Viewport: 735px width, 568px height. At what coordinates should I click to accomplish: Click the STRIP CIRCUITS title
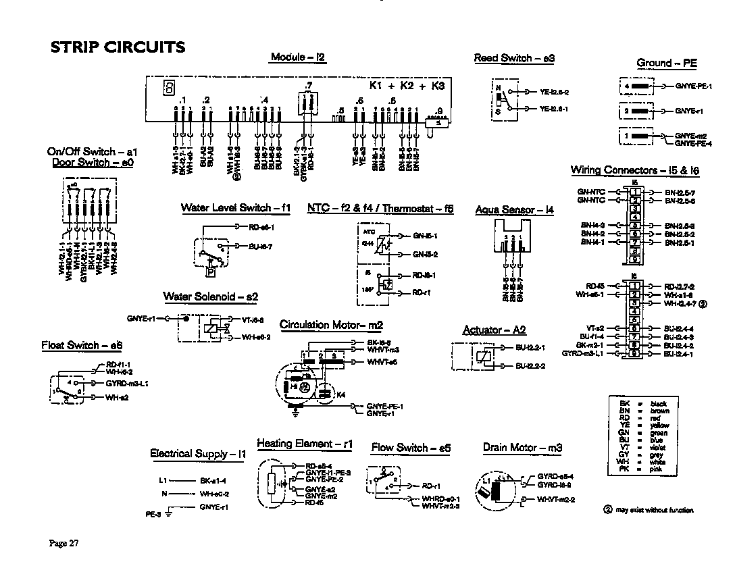pos(118,47)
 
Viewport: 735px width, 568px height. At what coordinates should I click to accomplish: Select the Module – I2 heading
pos(298,57)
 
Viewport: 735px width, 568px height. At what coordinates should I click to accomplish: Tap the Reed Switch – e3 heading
pos(514,59)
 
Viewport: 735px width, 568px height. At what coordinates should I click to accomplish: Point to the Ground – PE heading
pos(666,63)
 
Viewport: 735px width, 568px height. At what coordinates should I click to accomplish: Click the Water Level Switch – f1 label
pos(235,208)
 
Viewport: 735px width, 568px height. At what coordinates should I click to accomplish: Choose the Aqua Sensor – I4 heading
pos(514,210)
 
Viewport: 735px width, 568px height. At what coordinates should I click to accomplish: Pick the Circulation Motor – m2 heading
pos(331,326)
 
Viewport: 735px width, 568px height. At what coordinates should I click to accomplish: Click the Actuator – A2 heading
pos(494,330)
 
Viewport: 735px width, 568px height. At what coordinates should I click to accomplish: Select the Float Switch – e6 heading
pos(82,346)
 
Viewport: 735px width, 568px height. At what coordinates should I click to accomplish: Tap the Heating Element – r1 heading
pos(305,444)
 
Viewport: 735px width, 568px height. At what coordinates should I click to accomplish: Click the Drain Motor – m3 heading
pos(522,448)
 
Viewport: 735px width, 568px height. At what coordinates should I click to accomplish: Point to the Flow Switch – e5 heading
pos(410,448)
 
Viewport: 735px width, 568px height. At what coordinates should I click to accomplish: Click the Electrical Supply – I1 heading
pos(197,454)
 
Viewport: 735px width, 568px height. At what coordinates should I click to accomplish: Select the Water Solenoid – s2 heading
pos(210,296)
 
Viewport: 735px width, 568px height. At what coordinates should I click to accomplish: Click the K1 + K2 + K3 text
pos(407,86)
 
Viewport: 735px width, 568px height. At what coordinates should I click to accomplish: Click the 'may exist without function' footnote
pos(653,510)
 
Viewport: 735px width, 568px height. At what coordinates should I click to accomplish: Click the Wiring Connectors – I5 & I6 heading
pos(634,171)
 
